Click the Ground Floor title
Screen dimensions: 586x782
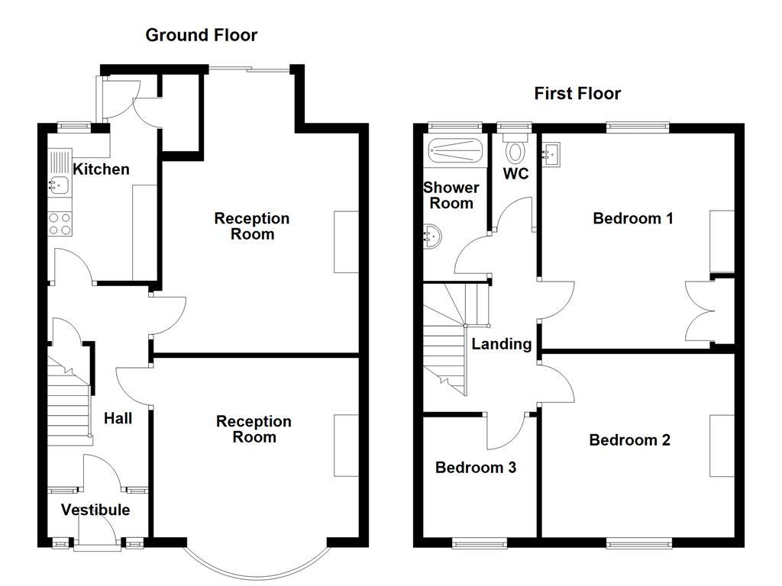[201, 35]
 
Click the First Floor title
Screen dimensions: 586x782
[577, 94]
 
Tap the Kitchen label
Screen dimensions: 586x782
[101, 169]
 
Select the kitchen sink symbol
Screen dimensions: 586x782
[59, 183]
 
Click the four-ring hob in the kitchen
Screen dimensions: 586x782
[60, 223]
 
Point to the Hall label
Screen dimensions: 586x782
[118, 418]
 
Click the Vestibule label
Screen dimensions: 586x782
[95, 510]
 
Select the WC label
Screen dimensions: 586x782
[515, 174]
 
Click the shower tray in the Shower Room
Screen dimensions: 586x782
[455, 151]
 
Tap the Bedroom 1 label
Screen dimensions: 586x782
[633, 219]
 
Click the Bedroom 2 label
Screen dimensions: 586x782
[629, 440]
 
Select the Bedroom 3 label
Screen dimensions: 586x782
[475, 467]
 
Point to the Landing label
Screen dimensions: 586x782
[501, 344]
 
